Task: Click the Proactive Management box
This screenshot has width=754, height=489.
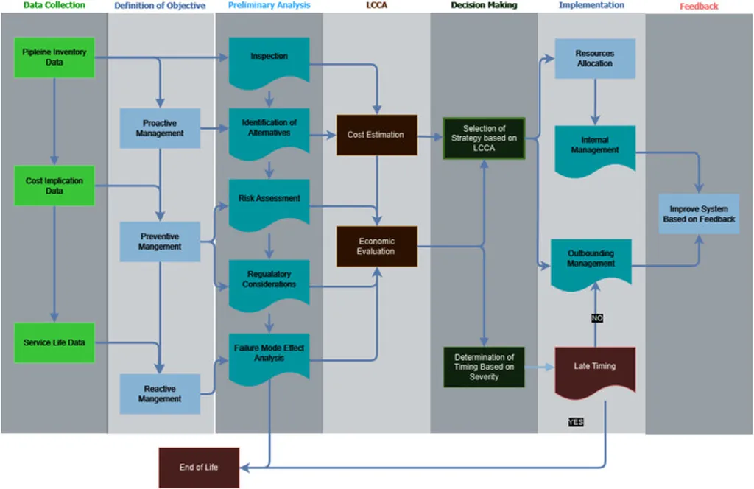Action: coord(160,128)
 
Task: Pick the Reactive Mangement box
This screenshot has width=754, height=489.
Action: coord(160,393)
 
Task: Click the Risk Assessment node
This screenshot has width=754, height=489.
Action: coord(269,200)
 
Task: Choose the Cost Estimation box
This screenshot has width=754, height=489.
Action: coord(376,135)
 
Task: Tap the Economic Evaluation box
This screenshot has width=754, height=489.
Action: coord(376,246)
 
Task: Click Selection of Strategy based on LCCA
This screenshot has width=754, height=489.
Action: coord(484,138)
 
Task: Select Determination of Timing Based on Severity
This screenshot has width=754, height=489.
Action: coord(484,367)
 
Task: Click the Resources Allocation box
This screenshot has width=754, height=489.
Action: coord(594,59)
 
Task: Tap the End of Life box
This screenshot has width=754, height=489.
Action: coord(199,468)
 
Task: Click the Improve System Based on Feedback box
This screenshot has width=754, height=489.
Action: coord(699,214)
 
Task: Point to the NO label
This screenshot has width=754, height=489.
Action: coord(597,318)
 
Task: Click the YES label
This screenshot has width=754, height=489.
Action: coord(576,423)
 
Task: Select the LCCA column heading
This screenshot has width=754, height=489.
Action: coord(376,6)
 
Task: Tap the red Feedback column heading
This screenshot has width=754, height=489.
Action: coord(699,7)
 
